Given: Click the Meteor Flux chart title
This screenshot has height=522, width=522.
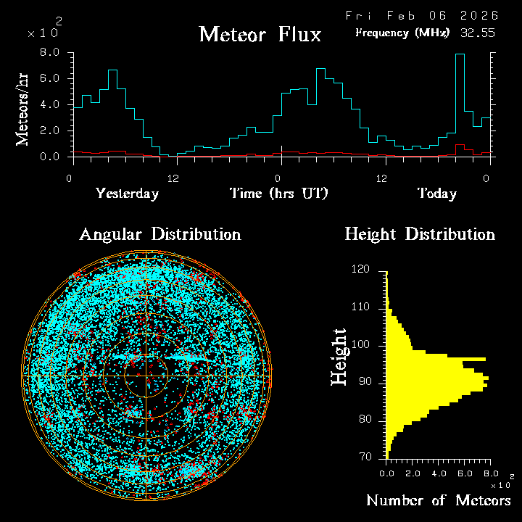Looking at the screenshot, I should click(x=260, y=34).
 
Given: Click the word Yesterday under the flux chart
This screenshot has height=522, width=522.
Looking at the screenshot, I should click(x=127, y=194).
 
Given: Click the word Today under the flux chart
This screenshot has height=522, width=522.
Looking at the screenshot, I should click(x=436, y=194).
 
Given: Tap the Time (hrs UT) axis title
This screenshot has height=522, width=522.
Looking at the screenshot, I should click(x=279, y=194).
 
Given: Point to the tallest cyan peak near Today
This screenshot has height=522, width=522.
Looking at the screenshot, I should click(x=460, y=55).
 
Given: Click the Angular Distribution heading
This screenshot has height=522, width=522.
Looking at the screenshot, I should click(x=160, y=234).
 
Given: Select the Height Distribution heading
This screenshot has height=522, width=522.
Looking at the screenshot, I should click(x=420, y=234).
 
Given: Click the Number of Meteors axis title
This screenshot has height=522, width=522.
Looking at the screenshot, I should click(x=438, y=501).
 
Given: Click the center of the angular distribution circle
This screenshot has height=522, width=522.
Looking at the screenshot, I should click(x=146, y=376).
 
